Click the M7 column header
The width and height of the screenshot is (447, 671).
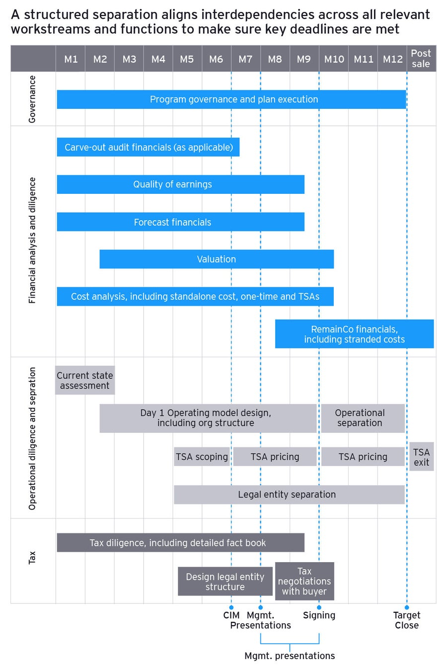(245, 59)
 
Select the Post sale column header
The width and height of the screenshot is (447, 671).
(421, 59)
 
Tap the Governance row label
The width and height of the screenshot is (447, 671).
(32, 99)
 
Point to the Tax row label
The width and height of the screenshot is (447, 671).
(32, 557)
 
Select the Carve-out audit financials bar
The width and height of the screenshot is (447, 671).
(148, 147)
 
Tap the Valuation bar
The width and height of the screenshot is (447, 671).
(217, 259)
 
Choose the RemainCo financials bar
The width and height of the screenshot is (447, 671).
(354, 334)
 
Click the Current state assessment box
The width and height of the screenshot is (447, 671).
(85, 380)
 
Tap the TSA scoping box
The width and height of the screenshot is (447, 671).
(202, 457)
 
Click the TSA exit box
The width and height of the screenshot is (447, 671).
(421, 457)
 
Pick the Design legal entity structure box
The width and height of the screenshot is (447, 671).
(225, 582)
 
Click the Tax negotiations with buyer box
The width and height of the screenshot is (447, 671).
(304, 581)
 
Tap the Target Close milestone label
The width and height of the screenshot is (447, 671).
(407, 620)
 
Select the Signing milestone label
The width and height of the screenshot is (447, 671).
(319, 615)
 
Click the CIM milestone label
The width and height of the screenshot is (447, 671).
(231, 615)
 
